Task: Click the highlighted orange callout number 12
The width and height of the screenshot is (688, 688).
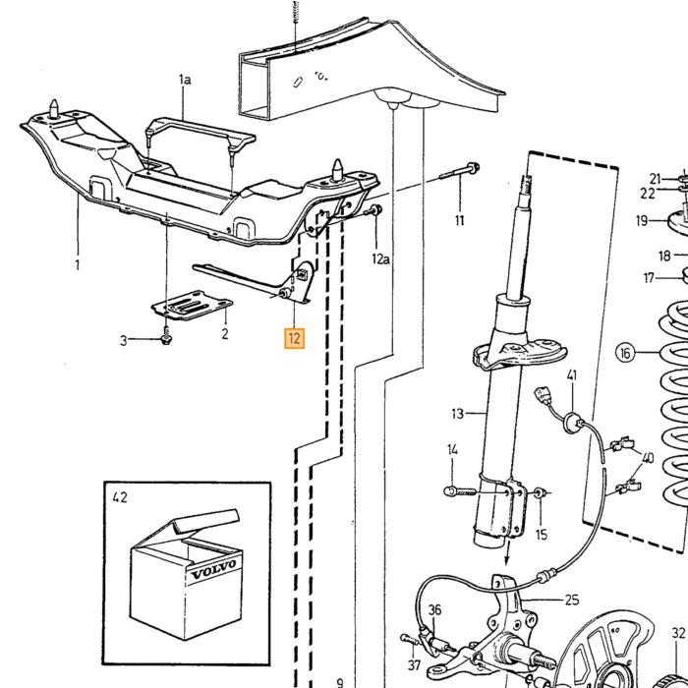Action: pos(294,338)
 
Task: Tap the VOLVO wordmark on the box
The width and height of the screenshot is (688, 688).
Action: pos(213,569)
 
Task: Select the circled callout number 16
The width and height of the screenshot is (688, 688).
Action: pos(626,353)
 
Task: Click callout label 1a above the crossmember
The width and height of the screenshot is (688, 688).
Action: pos(185,80)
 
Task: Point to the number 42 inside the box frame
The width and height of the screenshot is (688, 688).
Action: pos(120,497)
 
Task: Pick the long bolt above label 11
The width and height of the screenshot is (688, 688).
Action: pos(460,171)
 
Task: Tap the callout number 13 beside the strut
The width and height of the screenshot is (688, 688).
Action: pos(457,414)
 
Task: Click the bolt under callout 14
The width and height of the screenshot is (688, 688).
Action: pos(460,490)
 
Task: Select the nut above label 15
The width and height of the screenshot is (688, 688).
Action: pos(540,492)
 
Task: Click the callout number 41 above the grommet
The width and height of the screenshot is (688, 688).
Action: pos(572,375)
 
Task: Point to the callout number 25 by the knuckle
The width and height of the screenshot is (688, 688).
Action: pos(572,600)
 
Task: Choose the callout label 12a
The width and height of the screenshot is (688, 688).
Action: pos(380,259)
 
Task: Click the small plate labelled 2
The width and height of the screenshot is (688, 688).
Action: pos(192,305)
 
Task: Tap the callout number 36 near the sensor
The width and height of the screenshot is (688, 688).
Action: pos(434,610)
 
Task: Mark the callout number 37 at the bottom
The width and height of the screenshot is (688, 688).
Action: pos(414,665)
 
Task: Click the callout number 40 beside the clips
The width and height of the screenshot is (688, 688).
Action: pos(647,458)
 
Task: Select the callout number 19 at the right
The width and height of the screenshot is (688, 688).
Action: pos(642,220)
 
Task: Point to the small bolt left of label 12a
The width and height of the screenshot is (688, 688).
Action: pos(373,210)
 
